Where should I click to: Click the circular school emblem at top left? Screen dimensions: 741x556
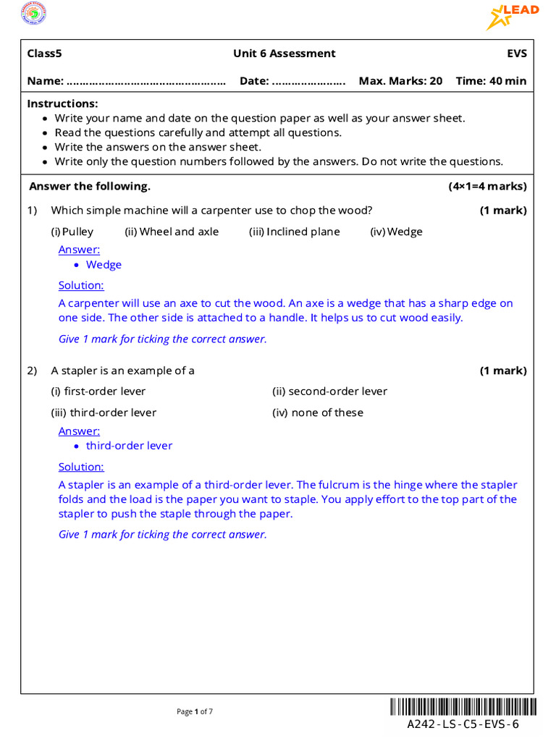click(x=32, y=14)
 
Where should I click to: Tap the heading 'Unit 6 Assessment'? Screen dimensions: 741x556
click(x=284, y=54)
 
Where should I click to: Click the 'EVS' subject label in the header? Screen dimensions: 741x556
click(x=517, y=54)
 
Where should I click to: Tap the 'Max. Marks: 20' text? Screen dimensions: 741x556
click(x=400, y=81)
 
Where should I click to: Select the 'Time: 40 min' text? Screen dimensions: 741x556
click(x=491, y=81)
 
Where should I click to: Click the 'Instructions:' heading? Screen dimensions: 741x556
click(x=62, y=103)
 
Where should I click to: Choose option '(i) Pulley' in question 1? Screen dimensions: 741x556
click(x=72, y=232)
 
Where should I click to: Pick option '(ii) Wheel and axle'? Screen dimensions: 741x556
click(x=172, y=232)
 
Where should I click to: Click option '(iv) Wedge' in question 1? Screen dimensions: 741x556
click(x=396, y=232)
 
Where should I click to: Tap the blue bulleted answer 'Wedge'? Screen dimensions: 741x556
click(x=104, y=265)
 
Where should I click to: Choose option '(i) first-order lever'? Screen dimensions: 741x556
click(x=98, y=391)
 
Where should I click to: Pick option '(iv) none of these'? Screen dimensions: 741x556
click(x=318, y=412)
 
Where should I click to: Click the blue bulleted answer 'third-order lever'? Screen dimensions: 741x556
click(x=129, y=446)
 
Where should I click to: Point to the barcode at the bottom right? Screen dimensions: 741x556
click(x=463, y=707)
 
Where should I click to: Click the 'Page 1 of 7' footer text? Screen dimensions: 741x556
click(x=195, y=711)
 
